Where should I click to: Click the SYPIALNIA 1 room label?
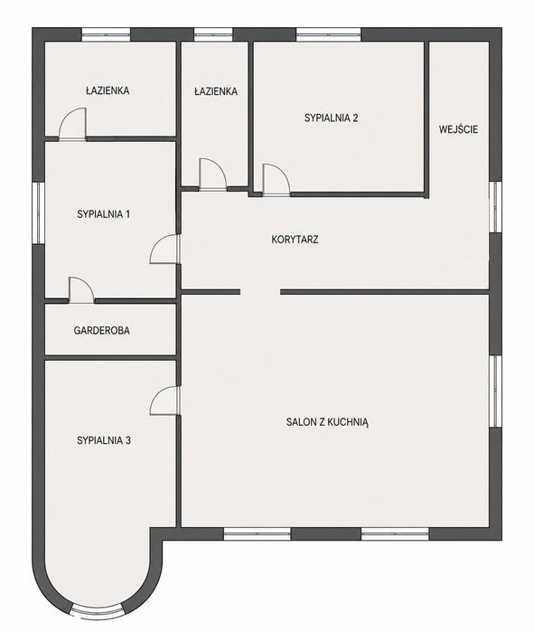[x=104, y=214]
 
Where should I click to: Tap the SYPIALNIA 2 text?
[x=331, y=118]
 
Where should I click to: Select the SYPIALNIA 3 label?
[x=104, y=440]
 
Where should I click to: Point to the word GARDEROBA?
[x=101, y=331]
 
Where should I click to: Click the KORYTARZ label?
[x=295, y=240]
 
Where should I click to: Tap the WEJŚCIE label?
[x=458, y=129]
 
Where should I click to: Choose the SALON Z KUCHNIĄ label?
[x=327, y=422]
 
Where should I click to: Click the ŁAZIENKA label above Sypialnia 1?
[x=108, y=90]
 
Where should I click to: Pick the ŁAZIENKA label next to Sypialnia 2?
[x=215, y=91]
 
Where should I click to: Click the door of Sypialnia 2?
[x=276, y=180]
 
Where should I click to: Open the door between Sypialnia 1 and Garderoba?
[x=81, y=290]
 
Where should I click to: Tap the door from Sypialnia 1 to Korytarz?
[x=164, y=250]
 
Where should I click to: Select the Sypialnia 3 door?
[x=164, y=401]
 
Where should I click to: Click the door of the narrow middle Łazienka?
[x=213, y=175]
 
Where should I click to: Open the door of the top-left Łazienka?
[x=73, y=124]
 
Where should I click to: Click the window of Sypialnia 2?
[x=329, y=34]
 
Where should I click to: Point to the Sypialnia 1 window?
[x=39, y=212]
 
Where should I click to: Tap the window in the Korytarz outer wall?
[x=495, y=207]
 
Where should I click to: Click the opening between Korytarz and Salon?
[x=260, y=292]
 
